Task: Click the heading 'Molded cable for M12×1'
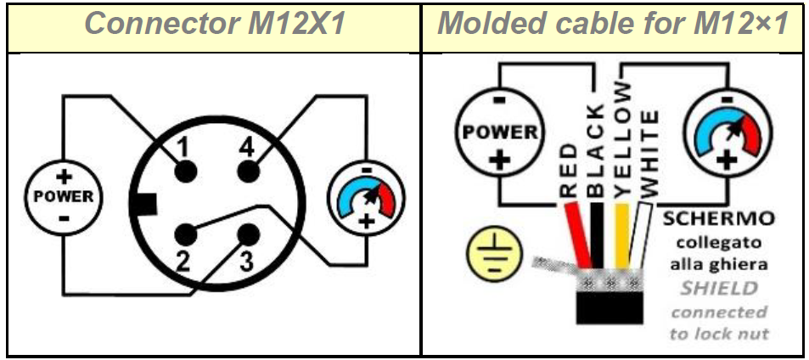(x=614, y=24)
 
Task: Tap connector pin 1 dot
(x=186, y=172)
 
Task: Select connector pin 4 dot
(x=246, y=172)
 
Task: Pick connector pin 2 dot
(x=186, y=233)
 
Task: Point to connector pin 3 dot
(x=247, y=233)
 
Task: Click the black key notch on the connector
(x=146, y=205)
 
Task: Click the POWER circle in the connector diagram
(x=64, y=196)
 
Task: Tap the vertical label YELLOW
(x=624, y=140)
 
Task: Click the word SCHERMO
(x=717, y=218)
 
